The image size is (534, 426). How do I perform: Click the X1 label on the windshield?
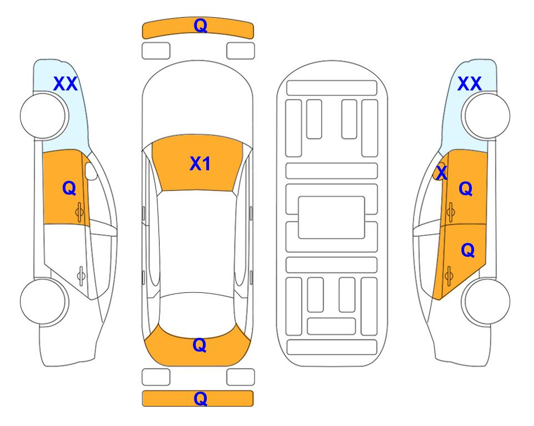coord(200,164)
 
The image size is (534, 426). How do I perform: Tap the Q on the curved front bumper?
coord(200,26)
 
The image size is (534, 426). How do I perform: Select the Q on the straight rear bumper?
coord(200,398)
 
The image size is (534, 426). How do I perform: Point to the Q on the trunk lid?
coord(199,345)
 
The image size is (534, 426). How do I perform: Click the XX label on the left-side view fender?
coord(65,84)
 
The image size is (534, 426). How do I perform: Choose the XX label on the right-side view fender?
coord(469,84)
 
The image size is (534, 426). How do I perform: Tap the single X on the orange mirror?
coord(441,173)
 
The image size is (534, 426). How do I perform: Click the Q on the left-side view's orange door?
coord(69,188)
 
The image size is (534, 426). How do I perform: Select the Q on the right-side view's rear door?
coord(467,251)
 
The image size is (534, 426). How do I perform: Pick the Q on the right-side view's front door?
coord(466,189)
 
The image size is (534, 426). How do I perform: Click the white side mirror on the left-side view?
coord(91,171)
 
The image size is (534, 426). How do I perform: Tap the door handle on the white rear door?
coord(81,275)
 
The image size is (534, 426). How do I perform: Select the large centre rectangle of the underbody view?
coord(332,217)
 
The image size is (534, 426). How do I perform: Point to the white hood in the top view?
coord(197,102)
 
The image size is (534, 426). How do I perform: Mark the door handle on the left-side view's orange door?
coord(80,212)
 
